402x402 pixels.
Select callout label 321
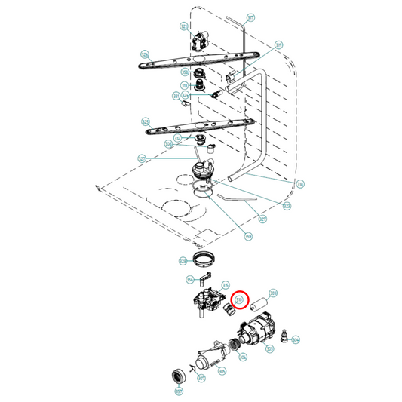183,26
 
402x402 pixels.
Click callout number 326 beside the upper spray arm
145,54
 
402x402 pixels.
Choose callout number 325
145,121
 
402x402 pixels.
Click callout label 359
248,236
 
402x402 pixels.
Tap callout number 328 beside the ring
183,262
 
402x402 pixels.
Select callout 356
190,279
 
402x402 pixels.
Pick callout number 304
296,339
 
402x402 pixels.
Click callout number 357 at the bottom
178,391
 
